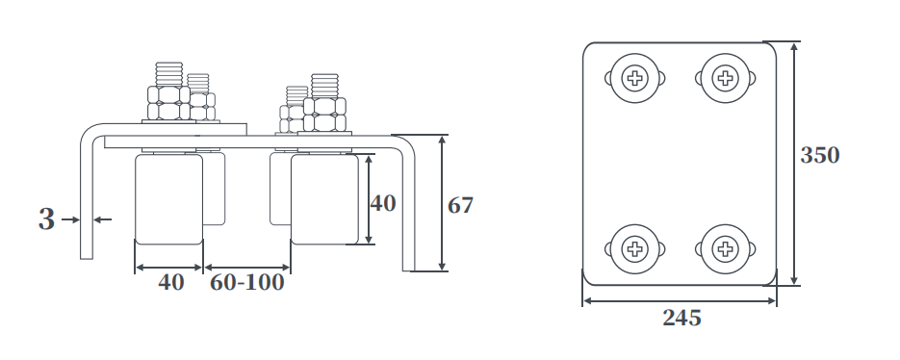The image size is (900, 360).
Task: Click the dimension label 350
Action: tap(820, 155)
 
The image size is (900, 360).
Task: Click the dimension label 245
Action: tap(681, 318)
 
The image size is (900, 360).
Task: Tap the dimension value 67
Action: tap(460, 206)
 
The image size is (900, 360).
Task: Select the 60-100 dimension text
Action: tap(246, 282)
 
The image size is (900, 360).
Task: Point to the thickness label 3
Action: tap(46, 219)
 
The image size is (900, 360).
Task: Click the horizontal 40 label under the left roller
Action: tap(171, 282)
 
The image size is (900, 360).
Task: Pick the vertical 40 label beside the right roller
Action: tap(383, 203)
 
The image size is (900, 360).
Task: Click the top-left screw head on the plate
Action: tap(634, 78)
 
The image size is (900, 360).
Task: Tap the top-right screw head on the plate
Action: tap(726, 78)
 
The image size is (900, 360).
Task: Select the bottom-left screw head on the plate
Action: tap(634, 248)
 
